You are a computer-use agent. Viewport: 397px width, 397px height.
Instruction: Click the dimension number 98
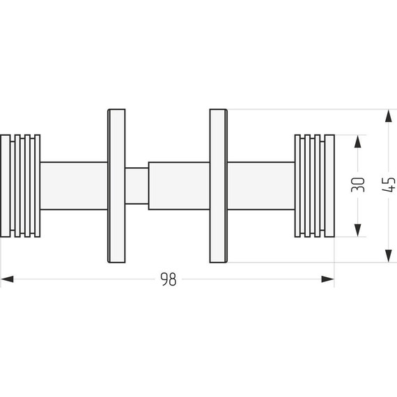(169, 279)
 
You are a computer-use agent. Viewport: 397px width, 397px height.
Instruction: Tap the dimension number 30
(358, 185)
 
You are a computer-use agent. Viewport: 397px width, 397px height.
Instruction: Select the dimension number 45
(389, 185)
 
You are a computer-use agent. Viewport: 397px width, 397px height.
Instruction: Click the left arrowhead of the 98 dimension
(7, 279)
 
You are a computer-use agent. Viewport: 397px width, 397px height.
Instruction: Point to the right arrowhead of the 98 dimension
(328, 279)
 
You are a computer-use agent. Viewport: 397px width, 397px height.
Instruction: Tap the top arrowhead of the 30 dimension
(357, 141)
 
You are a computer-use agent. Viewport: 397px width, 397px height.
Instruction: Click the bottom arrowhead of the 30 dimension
(357, 231)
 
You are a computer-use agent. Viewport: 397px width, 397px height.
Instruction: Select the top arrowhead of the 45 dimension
(389, 116)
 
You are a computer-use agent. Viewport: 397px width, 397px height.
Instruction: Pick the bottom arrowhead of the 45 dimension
(389, 256)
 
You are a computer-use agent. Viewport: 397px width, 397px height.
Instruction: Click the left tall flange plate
(116, 186)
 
